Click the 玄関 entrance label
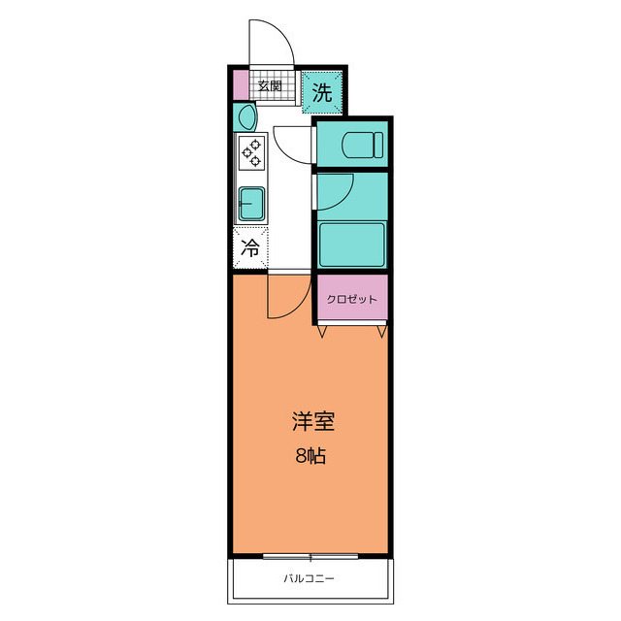270,85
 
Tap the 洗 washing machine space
321,93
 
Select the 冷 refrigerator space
250,248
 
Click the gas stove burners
252,152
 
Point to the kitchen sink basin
251,204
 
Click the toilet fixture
363,145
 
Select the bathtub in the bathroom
351,245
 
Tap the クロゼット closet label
351,299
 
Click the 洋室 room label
313,421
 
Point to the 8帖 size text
310,456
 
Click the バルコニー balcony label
309,578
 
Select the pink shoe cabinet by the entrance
241,85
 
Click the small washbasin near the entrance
245,116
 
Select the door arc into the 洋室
298,307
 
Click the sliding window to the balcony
310,556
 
